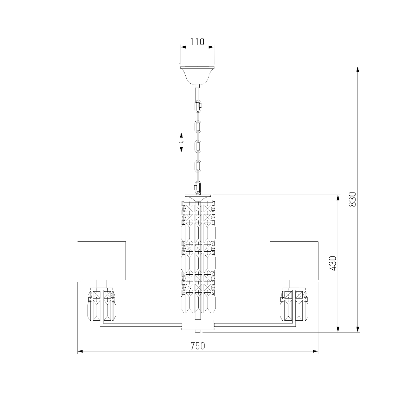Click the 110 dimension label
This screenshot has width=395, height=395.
tap(197, 42)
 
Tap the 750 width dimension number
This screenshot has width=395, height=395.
tap(197, 346)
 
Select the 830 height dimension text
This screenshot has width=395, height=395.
tap(352, 200)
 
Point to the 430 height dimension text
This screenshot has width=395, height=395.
tap(333, 263)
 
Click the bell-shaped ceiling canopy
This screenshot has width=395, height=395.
tap(197, 75)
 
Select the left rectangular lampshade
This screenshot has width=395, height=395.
tap(102, 261)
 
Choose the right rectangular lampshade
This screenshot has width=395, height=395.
tap(294, 261)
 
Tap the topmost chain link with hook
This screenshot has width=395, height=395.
tap(198, 106)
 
